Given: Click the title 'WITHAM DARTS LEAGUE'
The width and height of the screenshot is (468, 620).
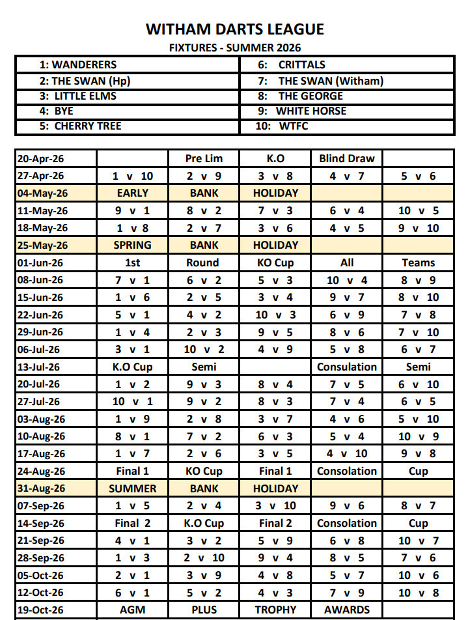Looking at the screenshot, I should click(x=234, y=29).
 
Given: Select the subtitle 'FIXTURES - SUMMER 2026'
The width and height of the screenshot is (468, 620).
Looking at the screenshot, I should click(x=234, y=48).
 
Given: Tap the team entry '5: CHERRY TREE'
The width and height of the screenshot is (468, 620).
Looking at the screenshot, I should click(x=80, y=126).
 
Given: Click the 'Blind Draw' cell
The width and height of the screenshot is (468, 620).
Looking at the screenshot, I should click(x=347, y=158).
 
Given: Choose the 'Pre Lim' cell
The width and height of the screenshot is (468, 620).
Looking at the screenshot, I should click(x=204, y=158).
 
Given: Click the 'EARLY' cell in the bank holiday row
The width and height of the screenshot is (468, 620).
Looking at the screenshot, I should click(x=133, y=193).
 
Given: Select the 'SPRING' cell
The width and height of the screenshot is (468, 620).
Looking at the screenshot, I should click(x=133, y=245).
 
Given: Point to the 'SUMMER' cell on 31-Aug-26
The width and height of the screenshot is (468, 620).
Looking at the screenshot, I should click(x=133, y=488).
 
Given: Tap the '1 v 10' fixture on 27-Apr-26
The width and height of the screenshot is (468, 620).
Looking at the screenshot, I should click(x=133, y=176).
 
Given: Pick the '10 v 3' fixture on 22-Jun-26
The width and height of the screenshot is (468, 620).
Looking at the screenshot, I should click(x=275, y=315).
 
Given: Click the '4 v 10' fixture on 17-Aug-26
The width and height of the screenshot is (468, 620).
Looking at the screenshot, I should click(x=347, y=453).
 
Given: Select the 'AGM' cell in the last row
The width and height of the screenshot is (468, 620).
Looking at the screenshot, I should click(x=133, y=610).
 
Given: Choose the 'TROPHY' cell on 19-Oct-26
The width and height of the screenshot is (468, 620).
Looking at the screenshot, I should click(x=275, y=610).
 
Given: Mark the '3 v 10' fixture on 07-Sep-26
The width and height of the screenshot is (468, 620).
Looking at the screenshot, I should click(x=275, y=505).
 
